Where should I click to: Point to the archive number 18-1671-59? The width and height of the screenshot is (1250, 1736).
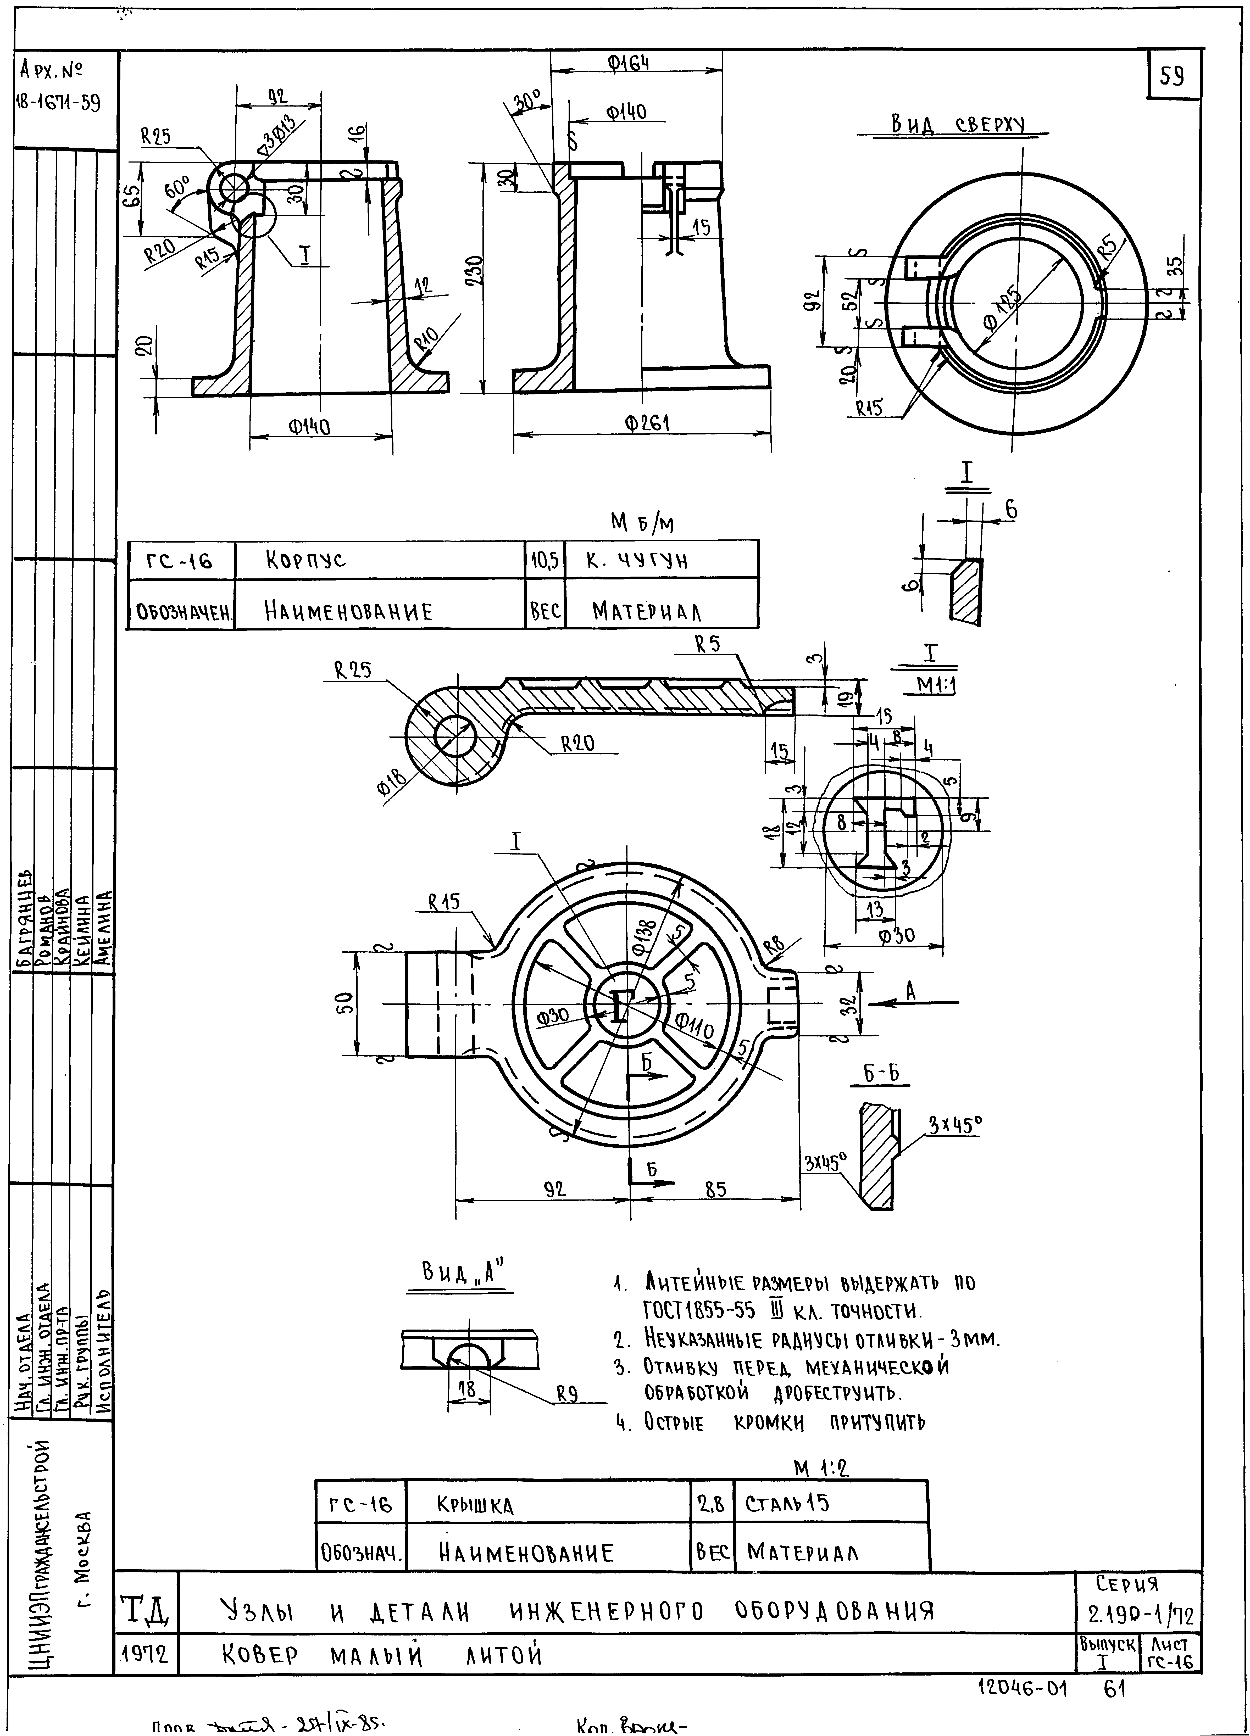57,103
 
